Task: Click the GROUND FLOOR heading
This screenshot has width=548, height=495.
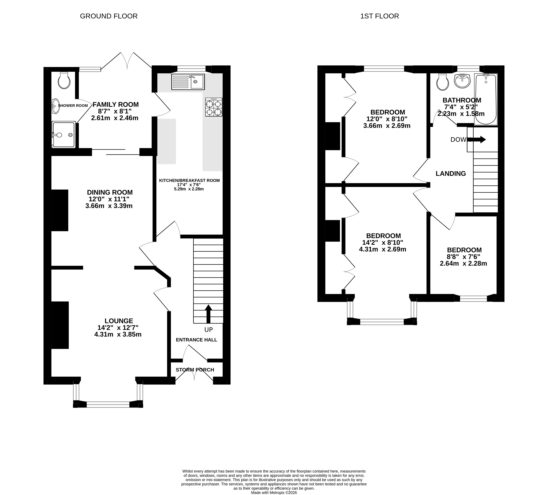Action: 109,16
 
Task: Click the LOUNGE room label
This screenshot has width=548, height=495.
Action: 119,321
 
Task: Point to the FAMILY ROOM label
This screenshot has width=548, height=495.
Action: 116,104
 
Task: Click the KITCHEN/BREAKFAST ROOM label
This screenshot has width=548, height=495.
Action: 189,180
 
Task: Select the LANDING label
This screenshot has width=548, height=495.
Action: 451,173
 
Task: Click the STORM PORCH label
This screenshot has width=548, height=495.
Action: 195,370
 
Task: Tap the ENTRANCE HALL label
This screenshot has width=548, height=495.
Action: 197,340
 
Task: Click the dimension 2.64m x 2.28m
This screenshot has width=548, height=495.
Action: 463,263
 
